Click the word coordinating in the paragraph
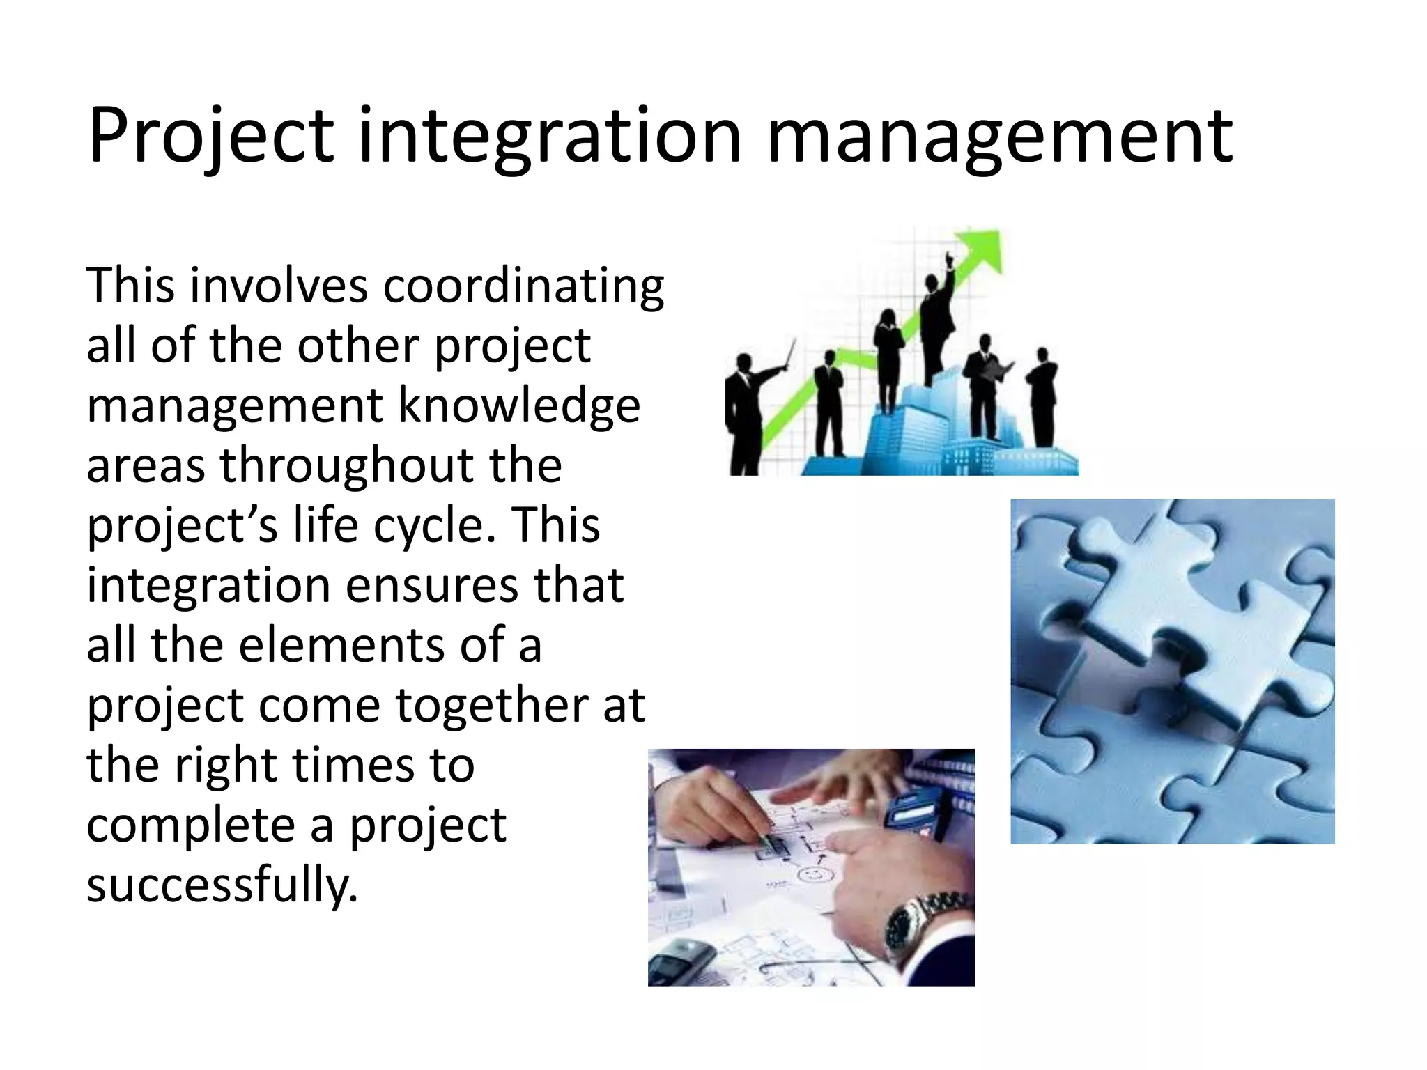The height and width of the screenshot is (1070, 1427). [x=523, y=287]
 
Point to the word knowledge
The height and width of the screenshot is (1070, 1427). [x=518, y=407]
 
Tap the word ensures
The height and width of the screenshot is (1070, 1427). [x=431, y=585]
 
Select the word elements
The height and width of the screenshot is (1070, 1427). [x=342, y=645]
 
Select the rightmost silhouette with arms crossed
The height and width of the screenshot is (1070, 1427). [x=1042, y=397]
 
